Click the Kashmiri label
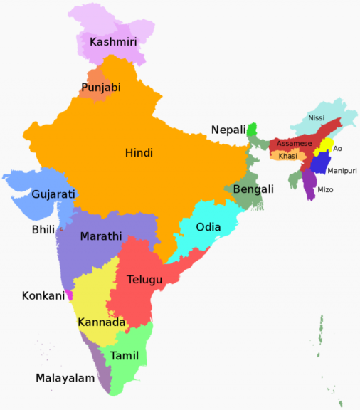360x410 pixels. click(x=113, y=43)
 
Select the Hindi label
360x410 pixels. click(x=139, y=152)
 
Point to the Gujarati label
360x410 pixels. click(x=54, y=194)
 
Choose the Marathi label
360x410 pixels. click(x=101, y=236)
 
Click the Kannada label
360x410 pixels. click(x=101, y=322)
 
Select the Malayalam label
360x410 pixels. click(x=65, y=378)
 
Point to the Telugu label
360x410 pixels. click(x=145, y=279)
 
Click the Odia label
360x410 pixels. click(x=208, y=227)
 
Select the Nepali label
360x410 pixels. click(x=228, y=130)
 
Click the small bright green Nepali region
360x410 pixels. click(x=251, y=130)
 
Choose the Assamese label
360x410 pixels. click(x=294, y=143)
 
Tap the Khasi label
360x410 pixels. click(x=288, y=156)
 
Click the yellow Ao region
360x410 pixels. click(x=326, y=146)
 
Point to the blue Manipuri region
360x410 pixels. click(x=321, y=164)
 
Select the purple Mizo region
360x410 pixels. click(x=309, y=185)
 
